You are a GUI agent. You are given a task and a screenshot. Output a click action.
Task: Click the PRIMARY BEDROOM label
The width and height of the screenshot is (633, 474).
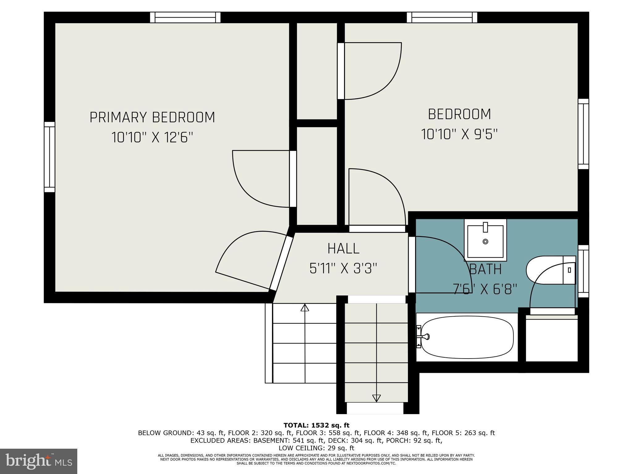pyautogui.click(x=152, y=117)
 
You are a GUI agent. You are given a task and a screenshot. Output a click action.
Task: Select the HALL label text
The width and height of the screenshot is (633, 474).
pyautogui.click(x=343, y=249)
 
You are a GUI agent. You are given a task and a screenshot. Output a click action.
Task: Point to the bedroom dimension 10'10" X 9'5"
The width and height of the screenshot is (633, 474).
pyautogui.click(x=459, y=134)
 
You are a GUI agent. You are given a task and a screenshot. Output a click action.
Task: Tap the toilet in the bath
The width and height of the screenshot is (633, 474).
pyautogui.click(x=550, y=270)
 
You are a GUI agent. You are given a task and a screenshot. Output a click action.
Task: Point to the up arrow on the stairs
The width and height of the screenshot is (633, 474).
pyautogui.click(x=305, y=308)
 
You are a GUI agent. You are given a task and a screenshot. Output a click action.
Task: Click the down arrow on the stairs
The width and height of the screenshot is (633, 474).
pyautogui.click(x=376, y=398)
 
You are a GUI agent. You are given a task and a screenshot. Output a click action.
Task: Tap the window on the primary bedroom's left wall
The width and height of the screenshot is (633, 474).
pyautogui.click(x=49, y=157)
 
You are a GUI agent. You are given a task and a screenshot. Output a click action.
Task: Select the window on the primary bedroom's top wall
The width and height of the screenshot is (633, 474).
pyautogui.click(x=185, y=17)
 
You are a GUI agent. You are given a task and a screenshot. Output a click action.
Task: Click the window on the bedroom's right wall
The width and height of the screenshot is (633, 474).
pyautogui.click(x=583, y=134)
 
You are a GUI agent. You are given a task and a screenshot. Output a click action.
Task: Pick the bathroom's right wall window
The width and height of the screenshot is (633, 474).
pyautogui.click(x=583, y=271)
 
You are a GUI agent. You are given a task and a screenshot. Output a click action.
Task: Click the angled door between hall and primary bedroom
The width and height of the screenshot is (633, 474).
pyautogui.click(x=281, y=264)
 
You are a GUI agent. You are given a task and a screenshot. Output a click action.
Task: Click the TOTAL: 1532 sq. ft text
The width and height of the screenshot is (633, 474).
pyautogui.click(x=316, y=426)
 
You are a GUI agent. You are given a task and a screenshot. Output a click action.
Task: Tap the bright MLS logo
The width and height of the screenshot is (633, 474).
pyautogui.click(x=39, y=461)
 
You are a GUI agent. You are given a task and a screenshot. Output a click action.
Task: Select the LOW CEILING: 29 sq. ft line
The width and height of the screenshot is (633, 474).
pyautogui.click(x=316, y=448)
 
